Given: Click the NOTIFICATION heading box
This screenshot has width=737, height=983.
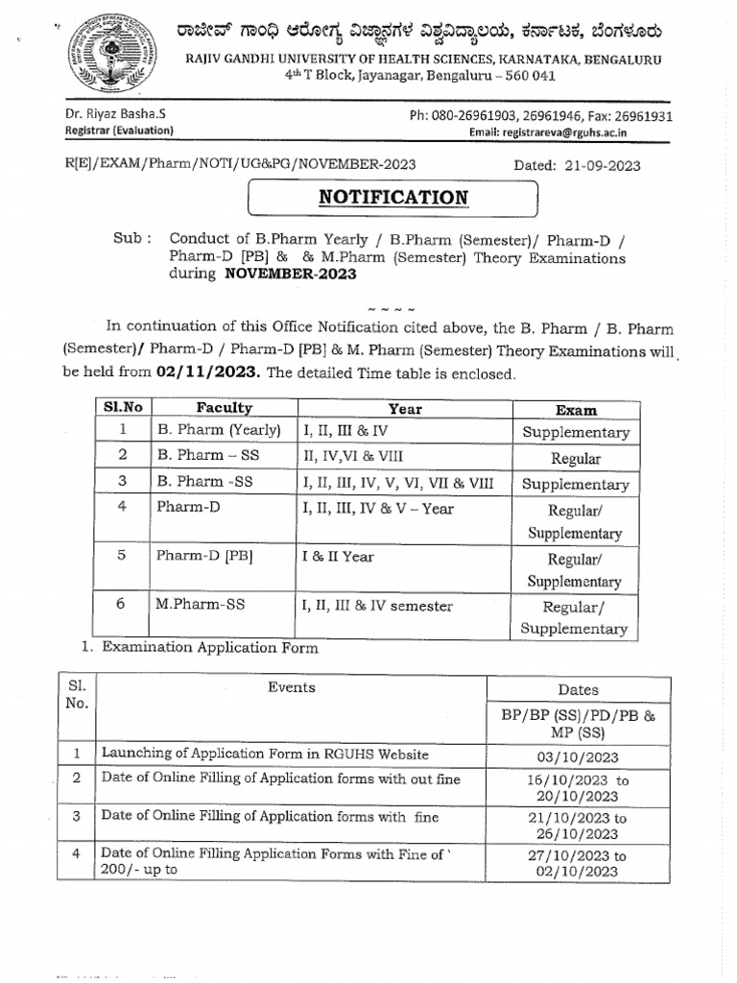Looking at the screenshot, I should click(x=393, y=198).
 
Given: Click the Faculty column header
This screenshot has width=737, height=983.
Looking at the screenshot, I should click(x=224, y=408).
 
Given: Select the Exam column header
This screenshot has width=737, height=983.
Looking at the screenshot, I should click(x=576, y=410).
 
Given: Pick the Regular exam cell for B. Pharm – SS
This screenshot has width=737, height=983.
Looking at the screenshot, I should click(x=576, y=459).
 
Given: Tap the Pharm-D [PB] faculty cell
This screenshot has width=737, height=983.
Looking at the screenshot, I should click(x=204, y=557).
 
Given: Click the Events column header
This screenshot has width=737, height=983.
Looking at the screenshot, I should click(x=292, y=687).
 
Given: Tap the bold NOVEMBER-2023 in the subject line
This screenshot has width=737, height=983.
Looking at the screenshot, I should click(x=290, y=274).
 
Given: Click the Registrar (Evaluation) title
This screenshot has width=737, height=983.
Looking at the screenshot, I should click(x=119, y=131).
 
